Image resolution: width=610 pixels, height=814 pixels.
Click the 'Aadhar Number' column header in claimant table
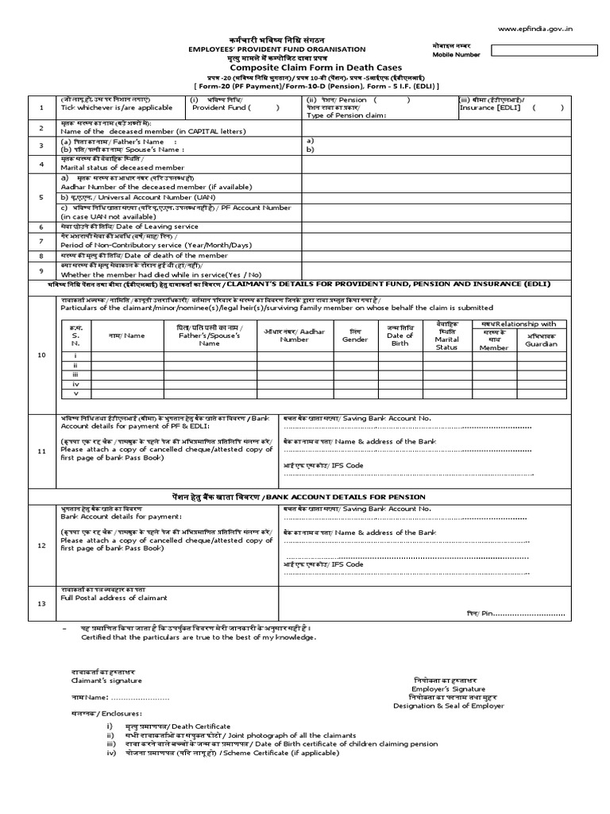coord(294,335)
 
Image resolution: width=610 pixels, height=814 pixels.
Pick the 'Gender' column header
coord(354,339)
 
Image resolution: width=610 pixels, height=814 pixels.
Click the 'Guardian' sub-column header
coord(541,344)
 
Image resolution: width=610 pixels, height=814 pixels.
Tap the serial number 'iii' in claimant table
coord(75,374)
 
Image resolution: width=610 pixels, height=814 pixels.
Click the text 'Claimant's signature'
coord(102,680)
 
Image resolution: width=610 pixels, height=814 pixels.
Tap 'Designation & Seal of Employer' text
coord(448,706)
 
